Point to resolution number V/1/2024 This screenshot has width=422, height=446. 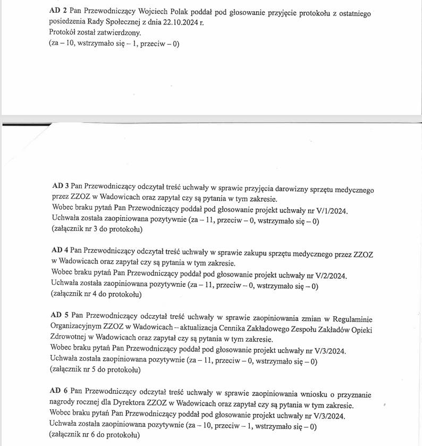click(x=326, y=211)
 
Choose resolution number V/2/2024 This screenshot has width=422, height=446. click(x=326, y=275)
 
